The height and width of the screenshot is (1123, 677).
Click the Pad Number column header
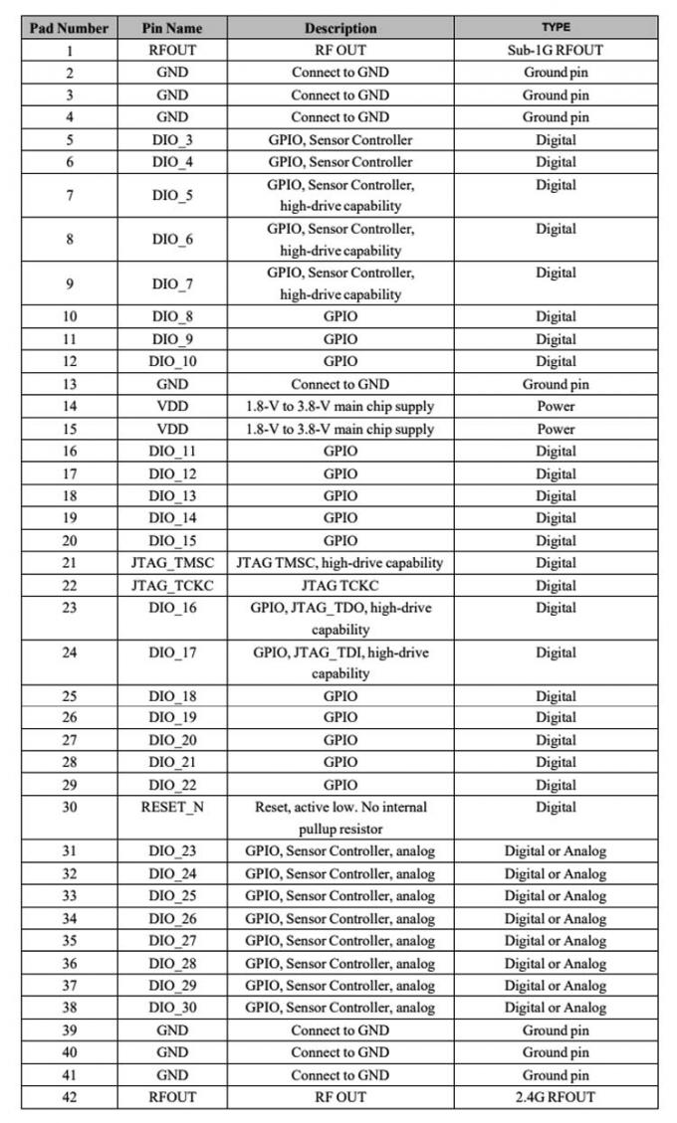69,28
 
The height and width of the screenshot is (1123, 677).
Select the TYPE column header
555,28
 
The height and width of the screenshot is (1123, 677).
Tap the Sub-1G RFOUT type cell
555,50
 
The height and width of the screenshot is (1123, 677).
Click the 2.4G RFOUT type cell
555,1097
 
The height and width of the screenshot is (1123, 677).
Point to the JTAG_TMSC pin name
172,563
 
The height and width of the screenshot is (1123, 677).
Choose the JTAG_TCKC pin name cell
172,586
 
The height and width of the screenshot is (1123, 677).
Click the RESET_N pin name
172,807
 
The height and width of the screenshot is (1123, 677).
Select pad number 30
69,807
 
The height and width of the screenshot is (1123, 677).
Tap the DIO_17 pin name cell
172,653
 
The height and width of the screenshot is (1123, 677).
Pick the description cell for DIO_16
340,618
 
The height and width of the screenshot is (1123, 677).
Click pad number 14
69,406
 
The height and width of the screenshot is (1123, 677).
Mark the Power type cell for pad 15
555,429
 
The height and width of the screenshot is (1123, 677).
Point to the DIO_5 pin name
172,195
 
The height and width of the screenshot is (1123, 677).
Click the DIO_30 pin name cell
172,1008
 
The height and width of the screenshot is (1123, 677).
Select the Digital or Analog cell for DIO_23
555,851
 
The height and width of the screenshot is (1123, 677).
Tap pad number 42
69,1097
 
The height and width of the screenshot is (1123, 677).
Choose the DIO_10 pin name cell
172,361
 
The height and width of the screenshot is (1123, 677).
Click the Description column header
340,28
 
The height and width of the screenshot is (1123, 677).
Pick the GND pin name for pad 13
172,384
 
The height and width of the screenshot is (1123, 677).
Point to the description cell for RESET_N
340,817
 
